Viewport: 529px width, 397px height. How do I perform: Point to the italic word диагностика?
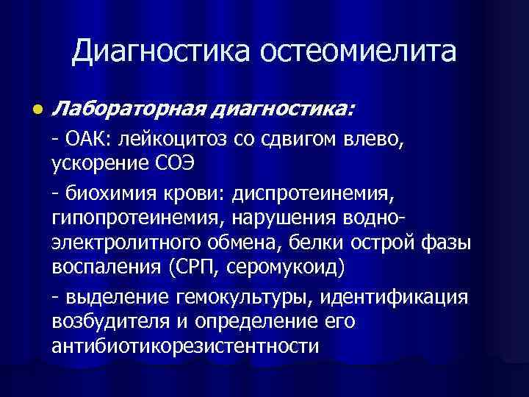(x=284, y=110)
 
